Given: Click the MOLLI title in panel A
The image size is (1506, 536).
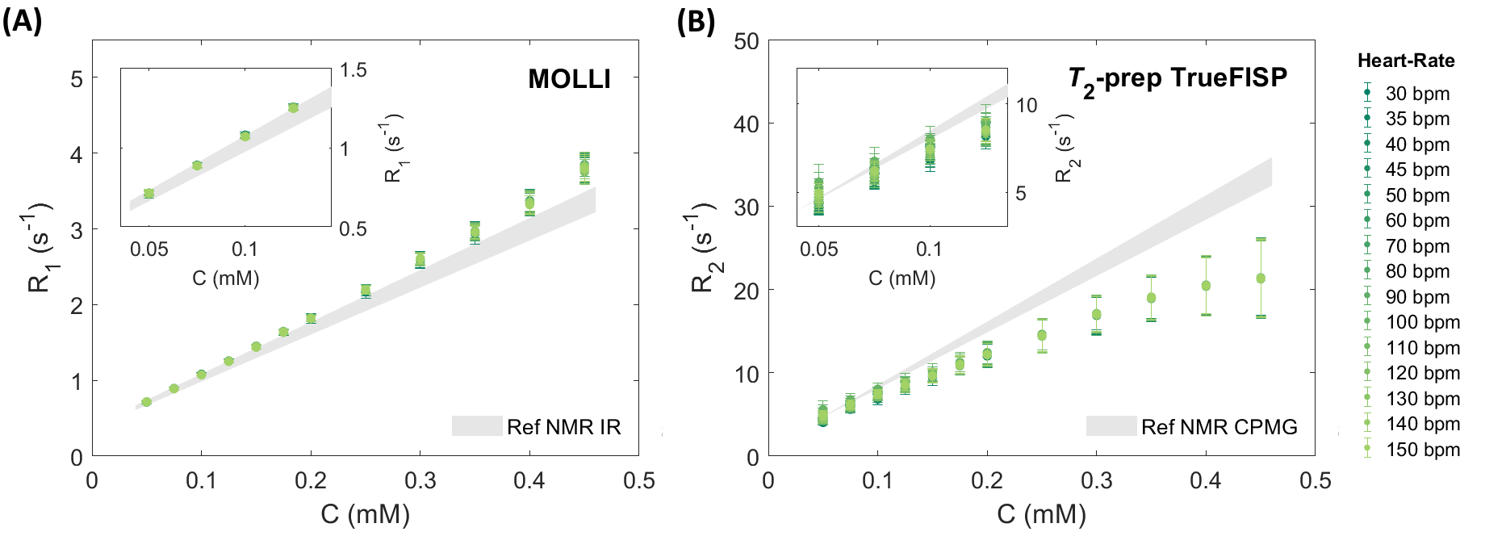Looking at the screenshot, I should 569,79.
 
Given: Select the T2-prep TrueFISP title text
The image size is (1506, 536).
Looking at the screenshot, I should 1178,79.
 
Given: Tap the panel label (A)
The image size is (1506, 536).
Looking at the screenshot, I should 22,21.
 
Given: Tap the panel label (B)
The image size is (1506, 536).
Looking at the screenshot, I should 696,21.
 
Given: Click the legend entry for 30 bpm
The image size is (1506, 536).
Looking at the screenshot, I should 1417,94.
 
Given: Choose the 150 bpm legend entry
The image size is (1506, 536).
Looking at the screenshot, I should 1422,450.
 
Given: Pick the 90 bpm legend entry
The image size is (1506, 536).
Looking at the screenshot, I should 1417,297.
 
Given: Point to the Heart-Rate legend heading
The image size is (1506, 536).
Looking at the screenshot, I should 1406,61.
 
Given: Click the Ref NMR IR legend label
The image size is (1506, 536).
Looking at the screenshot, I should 563,427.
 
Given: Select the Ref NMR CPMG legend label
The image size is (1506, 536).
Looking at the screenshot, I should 1219,427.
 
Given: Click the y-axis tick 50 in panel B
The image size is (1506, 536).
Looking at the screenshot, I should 747,41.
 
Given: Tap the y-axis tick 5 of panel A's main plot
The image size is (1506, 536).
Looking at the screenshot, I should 77,78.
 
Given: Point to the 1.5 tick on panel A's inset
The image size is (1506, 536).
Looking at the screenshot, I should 353,70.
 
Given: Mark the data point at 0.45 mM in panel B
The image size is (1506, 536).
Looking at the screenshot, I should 1261,278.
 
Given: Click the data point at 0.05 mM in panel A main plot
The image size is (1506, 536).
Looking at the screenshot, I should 146,402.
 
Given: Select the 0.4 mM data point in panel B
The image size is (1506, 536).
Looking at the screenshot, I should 1206,286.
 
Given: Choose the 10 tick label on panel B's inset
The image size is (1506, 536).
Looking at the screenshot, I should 1027,106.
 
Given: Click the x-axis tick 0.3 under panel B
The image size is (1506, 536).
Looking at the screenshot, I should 1096,481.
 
